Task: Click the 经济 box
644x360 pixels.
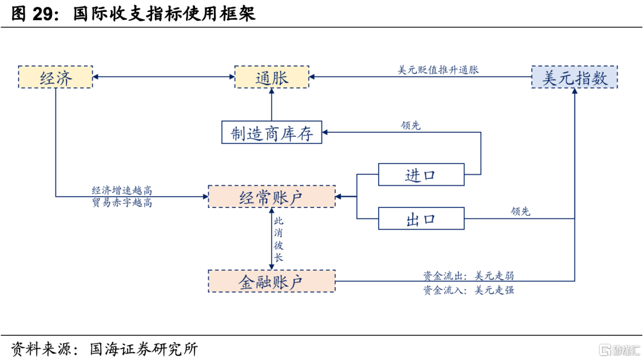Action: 55,77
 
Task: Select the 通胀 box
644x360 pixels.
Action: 271,77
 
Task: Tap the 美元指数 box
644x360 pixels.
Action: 574,77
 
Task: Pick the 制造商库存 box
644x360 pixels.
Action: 271,132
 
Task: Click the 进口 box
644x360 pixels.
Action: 421,175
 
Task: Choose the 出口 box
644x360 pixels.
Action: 421,219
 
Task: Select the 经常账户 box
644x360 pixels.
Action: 271,197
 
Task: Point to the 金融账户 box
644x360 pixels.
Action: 271,281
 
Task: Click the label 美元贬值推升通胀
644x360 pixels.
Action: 438,70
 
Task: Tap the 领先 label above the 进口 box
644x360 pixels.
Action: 411,125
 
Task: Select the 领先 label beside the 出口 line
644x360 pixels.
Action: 520,211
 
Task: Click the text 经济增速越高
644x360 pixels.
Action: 122,190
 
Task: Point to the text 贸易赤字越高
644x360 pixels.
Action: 122,203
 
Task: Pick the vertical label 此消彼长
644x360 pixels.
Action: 278,239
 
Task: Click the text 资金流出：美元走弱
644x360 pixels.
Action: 468,276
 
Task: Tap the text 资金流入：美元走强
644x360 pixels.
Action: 468,290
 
